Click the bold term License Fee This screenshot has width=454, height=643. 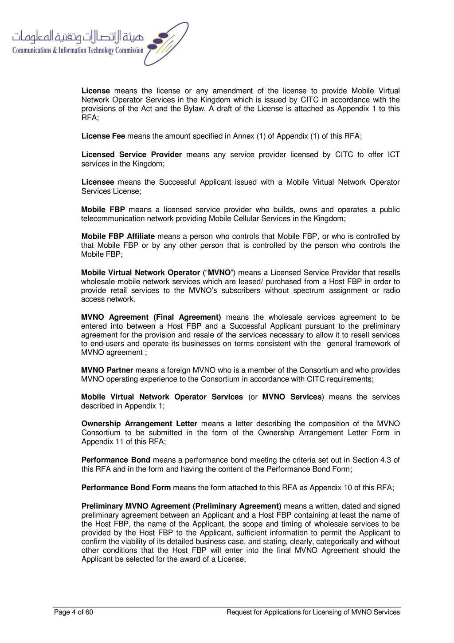103,136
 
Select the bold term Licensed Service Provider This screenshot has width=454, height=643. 132,155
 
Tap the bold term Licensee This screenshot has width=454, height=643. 98,182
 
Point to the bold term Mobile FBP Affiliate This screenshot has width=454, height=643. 118,236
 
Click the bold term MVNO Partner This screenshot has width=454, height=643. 107,370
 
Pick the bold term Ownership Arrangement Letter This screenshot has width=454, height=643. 139,424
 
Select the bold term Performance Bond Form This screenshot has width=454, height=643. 126,488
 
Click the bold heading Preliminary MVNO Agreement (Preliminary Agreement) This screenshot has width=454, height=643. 181,506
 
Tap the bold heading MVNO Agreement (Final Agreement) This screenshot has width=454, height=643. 151,317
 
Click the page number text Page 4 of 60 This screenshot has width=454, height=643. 74,612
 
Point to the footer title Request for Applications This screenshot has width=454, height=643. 313,612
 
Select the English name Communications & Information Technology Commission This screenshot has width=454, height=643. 78,51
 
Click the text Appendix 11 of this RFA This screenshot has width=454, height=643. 123,442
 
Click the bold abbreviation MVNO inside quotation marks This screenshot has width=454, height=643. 219,273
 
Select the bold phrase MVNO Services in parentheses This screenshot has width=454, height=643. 292,397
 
